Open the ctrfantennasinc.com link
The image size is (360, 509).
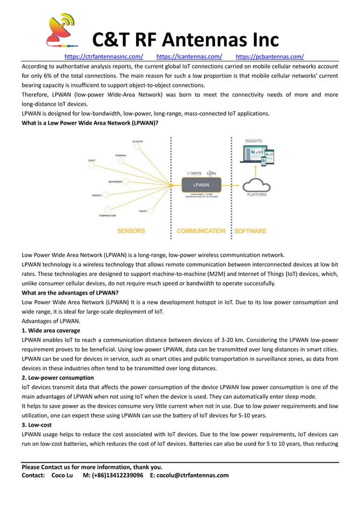click(104, 56)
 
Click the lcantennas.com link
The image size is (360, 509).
click(188, 56)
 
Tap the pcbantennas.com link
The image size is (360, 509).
click(269, 56)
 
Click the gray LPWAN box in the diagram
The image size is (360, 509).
click(201, 185)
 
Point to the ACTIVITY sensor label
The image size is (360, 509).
click(137, 141)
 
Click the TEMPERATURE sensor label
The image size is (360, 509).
click(108, 216)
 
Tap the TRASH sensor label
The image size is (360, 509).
click(143, 211)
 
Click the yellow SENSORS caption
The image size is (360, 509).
click(131, 231)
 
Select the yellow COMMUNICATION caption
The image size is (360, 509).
click(201, 231)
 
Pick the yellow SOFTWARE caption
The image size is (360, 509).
click(250, 231)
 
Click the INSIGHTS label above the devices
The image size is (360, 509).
click(253, 141)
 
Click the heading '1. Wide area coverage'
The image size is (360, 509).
click(51, 330)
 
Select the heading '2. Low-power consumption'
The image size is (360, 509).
click(58, 378)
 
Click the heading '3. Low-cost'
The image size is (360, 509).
click(37, 424)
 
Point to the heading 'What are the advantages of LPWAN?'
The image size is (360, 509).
click(70, 292)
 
